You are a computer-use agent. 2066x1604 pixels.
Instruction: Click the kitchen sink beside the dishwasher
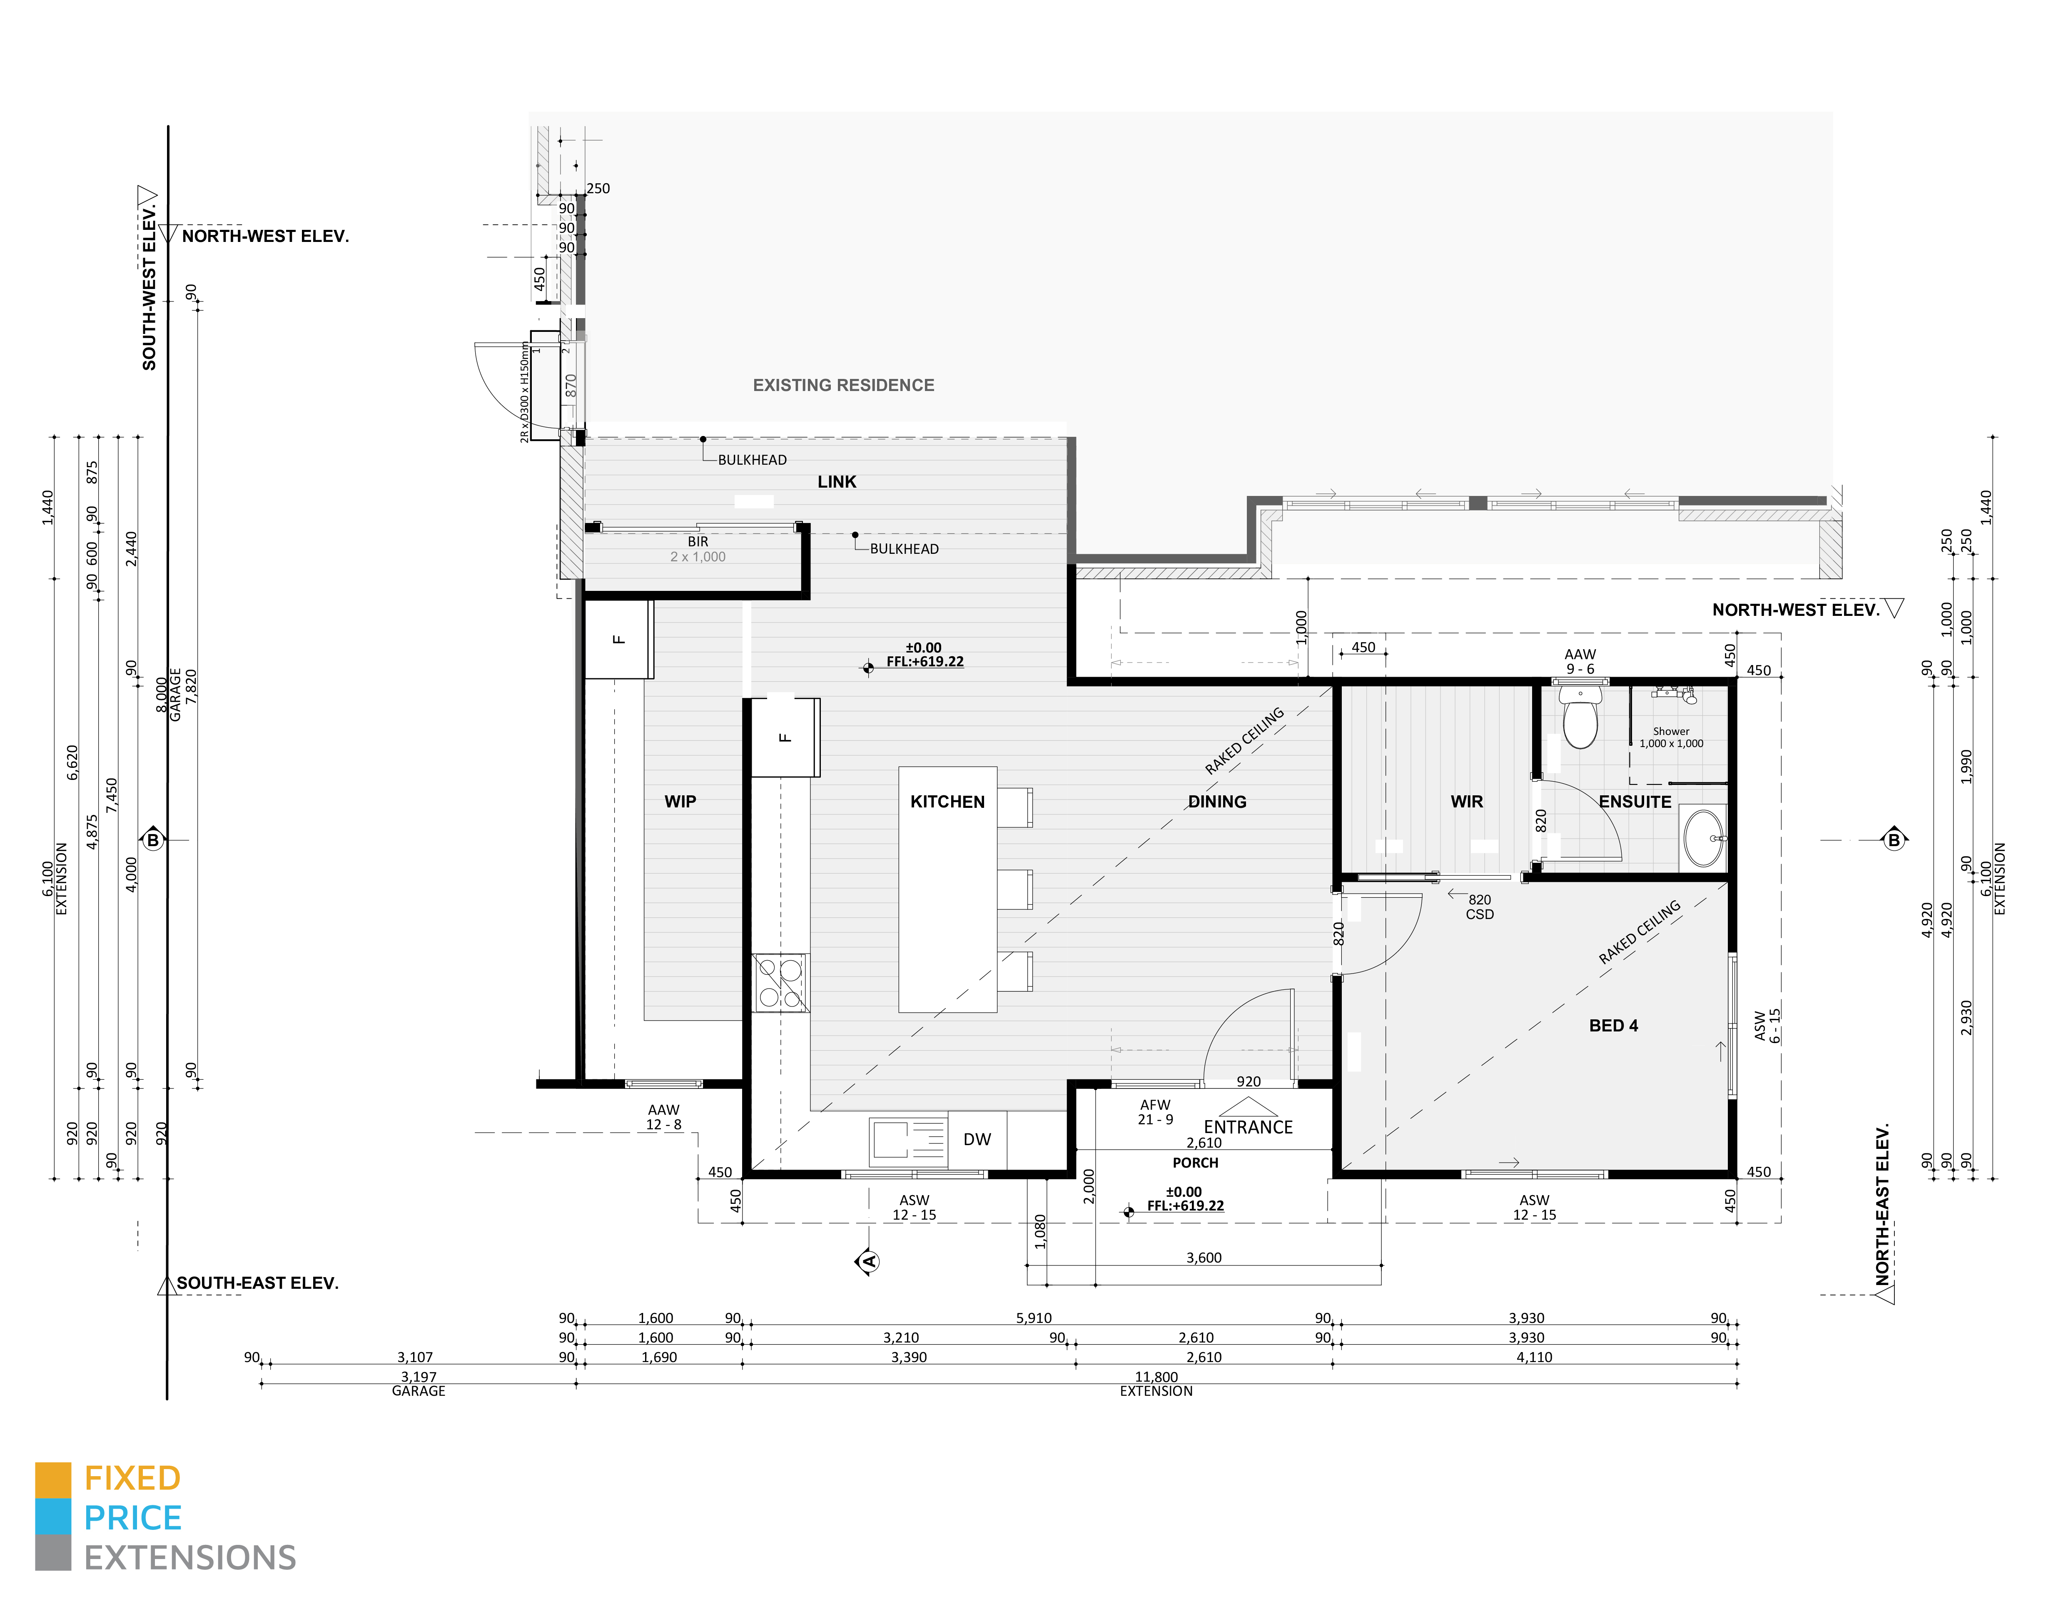[x=892, y=1140]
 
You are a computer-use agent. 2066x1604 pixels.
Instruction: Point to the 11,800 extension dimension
[x=1156, y=1377]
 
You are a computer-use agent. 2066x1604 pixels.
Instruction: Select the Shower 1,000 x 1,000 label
[x=1671, y=738]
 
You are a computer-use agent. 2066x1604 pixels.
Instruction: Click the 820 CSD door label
[x=1480, y=907]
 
